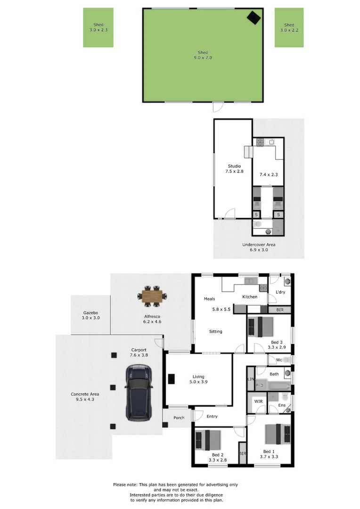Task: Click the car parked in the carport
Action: (x=139, y=393)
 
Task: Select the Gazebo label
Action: (x=90, y=313)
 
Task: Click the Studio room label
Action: (x=234, y=166)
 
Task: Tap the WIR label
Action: (x=259, y=401)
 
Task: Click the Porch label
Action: (x=179, y=418)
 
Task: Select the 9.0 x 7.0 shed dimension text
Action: (x=203, y=58)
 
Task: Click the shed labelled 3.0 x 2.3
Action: (x=98, y=27)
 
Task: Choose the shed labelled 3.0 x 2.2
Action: (x=289, y=27)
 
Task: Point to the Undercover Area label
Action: (x=259, y=245)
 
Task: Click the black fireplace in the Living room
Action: (x=172, y=379)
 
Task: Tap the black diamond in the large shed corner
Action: (x=254, y=17)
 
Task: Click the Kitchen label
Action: (x=250, y=297)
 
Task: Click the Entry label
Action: (x=212, y=416)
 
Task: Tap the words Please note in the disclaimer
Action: (x=124, y=485)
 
